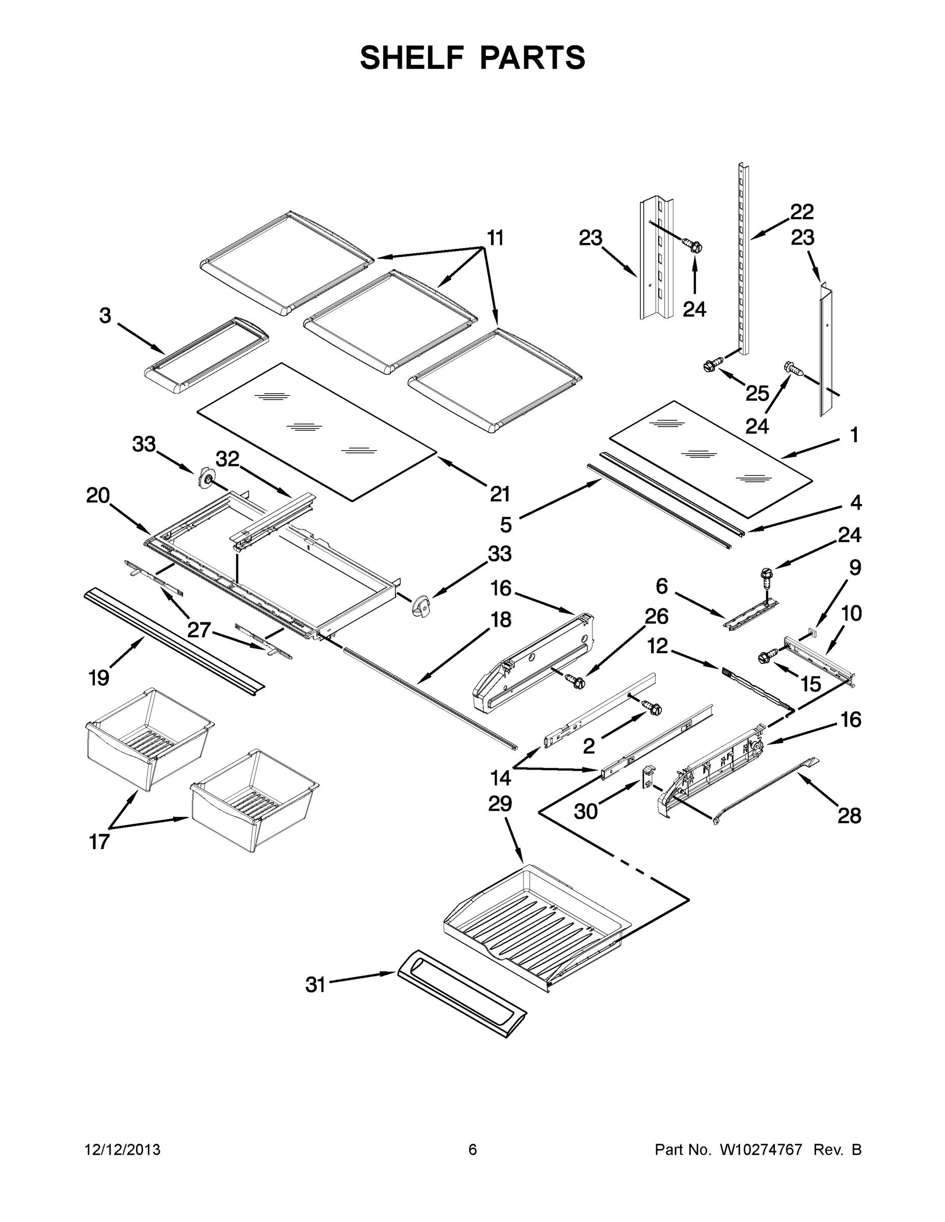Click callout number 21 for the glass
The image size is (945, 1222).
[x=500, y=494]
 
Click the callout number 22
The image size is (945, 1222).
[x=802, y=212]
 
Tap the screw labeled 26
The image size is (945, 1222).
[x=576, y=681]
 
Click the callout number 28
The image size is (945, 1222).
[x=849, y=816]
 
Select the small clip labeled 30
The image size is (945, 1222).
[x=647, y=776]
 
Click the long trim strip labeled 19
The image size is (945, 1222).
[x=174, y=641]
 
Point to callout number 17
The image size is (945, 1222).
[x=99, y=842]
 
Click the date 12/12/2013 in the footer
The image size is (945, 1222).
[x=123, y=1150]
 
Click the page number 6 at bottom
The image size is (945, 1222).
[x=473, y=1150]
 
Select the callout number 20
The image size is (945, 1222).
[x=98, y=496]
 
